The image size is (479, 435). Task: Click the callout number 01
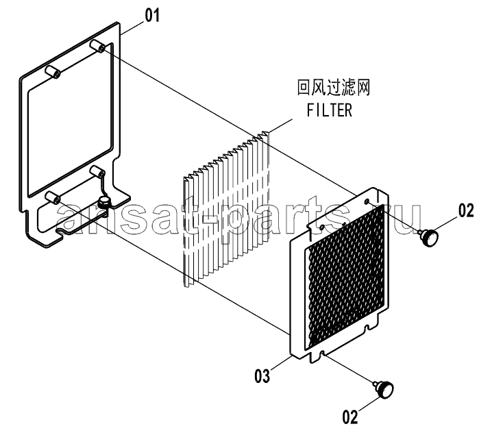click(152, 15)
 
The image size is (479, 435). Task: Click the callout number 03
click(262, 375)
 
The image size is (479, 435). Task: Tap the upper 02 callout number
click(466, 211)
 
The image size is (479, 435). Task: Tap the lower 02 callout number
click(350, 417)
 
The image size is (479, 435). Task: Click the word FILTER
click(330, 110)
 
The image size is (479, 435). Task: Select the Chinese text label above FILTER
click(334, 88)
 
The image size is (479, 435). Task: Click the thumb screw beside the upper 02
click(428, 237)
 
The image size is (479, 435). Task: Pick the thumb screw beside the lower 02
click(384, 389)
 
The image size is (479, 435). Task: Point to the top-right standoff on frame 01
click(97, 46)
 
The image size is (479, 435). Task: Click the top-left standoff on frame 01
click(52, 71)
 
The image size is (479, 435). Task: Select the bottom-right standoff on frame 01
click(97, 171)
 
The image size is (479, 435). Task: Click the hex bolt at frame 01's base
click(103, 202)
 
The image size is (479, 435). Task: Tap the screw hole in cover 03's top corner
click(367, 201)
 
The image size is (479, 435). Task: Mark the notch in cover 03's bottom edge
click(321, 354)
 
